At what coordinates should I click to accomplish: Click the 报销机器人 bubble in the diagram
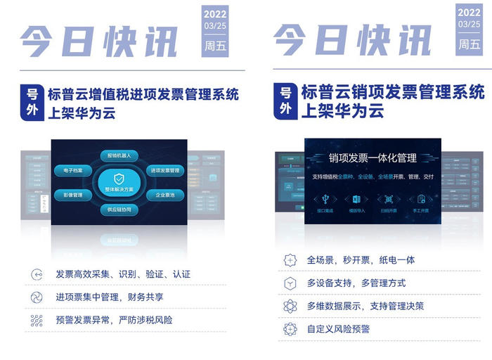pos(119,155)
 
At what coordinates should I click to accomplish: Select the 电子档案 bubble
pos(73,170)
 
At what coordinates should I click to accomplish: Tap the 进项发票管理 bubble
pos(164,170)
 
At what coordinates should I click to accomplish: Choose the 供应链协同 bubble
pos(119,210)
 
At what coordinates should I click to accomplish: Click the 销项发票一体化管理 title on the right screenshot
pos(373,157)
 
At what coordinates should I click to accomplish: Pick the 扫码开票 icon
pos(389,199)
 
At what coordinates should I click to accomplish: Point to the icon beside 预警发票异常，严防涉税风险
pos(37,321)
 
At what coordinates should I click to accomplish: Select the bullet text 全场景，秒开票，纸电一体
pos(361,260)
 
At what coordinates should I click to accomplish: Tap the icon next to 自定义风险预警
pos(290,329)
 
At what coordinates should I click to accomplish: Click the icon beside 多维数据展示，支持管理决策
pos(290,307)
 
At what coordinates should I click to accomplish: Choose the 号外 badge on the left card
pos(32,103)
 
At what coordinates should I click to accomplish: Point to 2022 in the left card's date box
pos(214,13)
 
